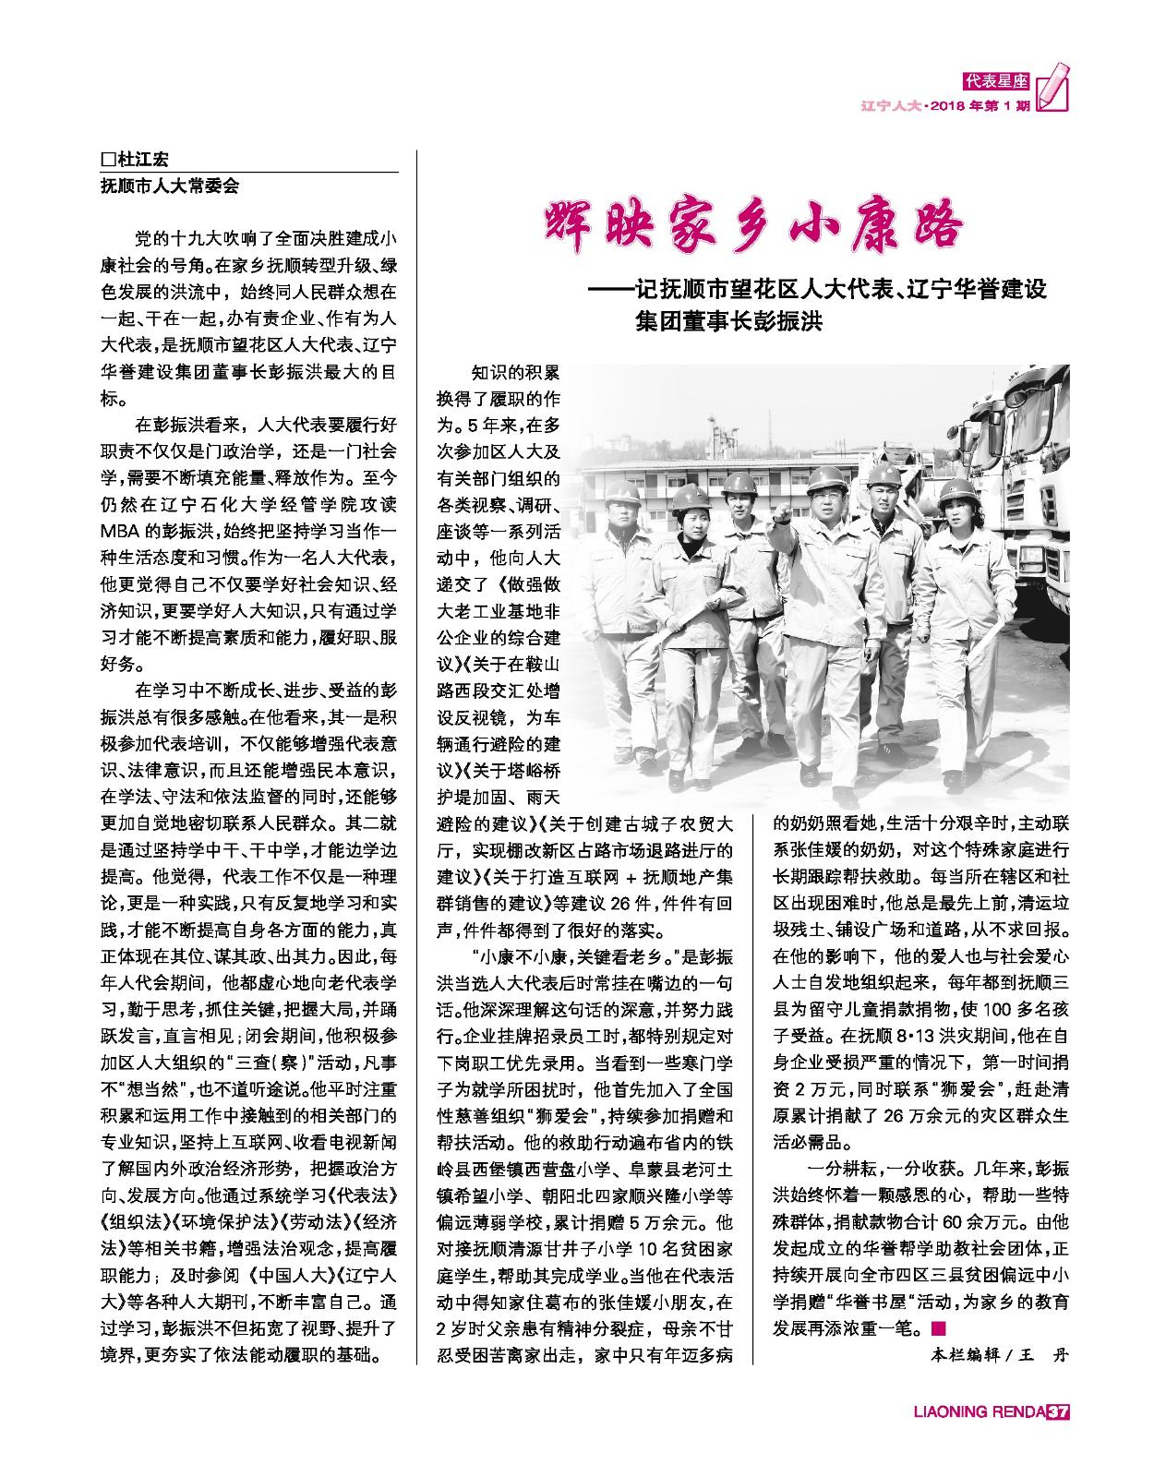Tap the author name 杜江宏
tap(144, 158)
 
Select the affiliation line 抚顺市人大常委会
tap(170, 185)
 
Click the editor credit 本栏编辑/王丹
tap(997, 1355)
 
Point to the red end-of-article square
tap(938, 1329)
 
